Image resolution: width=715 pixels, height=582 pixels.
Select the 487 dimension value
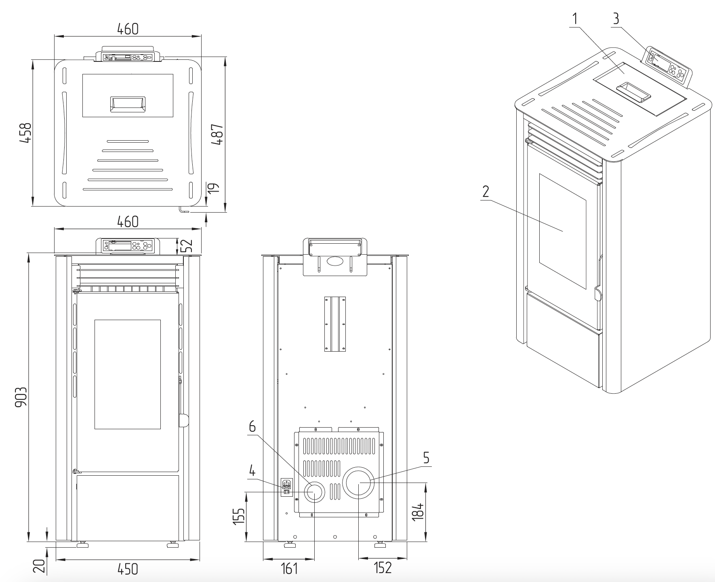[x=217, y=134]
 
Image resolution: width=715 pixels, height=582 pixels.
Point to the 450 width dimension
[x=128, y=569]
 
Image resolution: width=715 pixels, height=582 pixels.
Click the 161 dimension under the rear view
[x=289, y=568]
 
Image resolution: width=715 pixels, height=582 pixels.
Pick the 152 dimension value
[x=383, y=567]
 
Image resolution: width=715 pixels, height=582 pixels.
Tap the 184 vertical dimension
[x=419, y=511]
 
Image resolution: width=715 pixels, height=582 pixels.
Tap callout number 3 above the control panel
[x=616, y=18]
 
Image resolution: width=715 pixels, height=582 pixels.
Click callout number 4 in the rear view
[x=252, y=471]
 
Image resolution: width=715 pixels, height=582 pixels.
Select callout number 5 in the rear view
[x=426, y=458]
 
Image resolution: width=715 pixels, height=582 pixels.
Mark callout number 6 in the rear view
[x=252, y=427]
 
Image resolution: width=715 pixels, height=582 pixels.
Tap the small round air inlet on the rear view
[x=313, y=492]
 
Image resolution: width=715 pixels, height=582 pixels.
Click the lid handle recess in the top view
[x=128, y=104]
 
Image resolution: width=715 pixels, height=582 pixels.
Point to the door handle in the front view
[x=183, y=420]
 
